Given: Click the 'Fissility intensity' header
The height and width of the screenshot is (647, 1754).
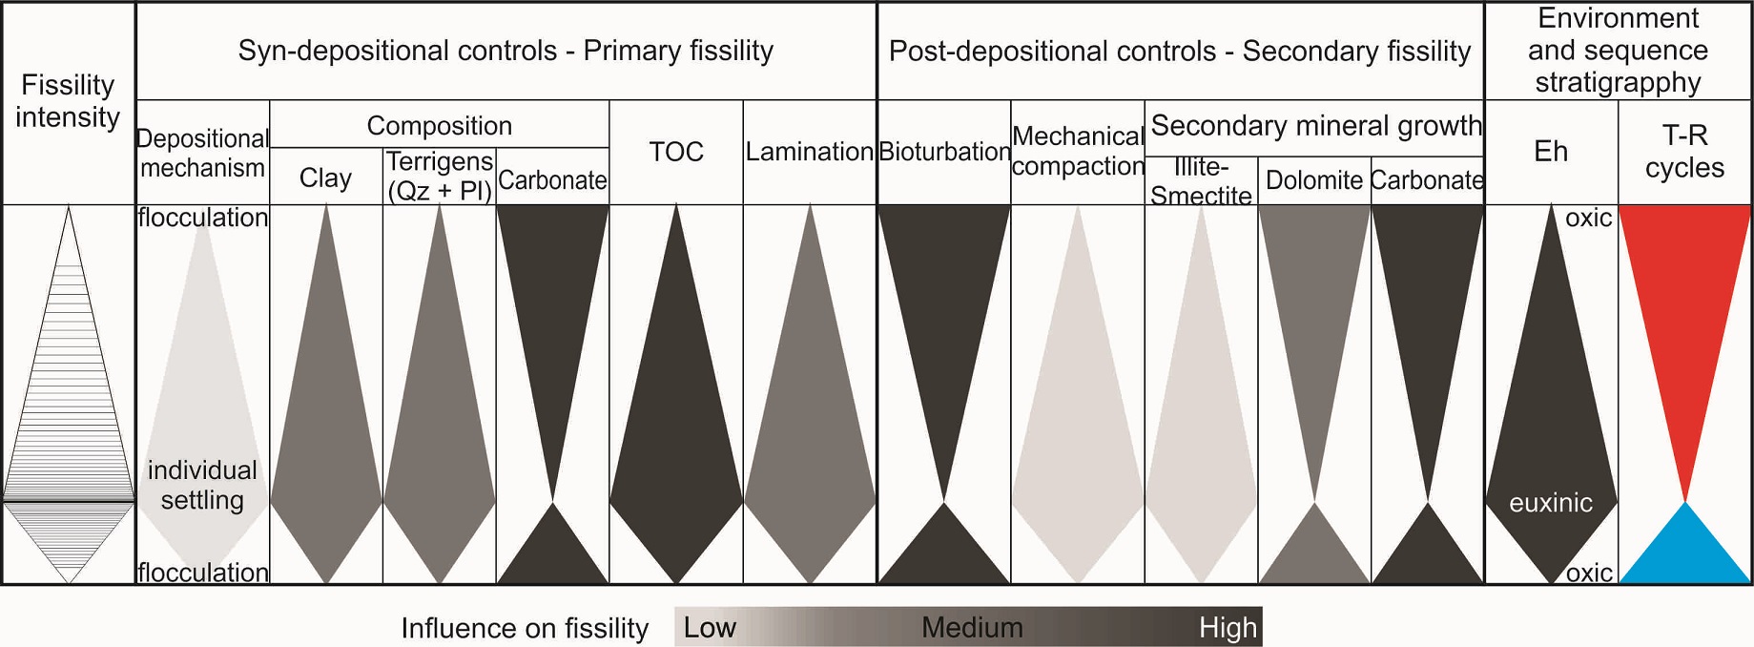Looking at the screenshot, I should [x=68, y=101].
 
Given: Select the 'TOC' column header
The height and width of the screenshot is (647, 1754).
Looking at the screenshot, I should [x=676, y=152].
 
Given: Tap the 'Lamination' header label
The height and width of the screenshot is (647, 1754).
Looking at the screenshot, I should [x=809, y=152].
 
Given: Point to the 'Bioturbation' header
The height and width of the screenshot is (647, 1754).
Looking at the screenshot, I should [x=944, y=152].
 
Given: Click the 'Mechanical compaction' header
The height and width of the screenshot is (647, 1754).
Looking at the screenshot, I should [x=1078, y=151].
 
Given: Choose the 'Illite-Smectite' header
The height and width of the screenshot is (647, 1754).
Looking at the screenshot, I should [x=1201, y=180].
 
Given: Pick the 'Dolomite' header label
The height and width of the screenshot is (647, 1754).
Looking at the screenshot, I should [x=1313, y=179].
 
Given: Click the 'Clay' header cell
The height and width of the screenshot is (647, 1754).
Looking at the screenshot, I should [x=325, y=177].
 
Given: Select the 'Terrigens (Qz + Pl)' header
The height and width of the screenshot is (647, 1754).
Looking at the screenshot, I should [x=440, y=176].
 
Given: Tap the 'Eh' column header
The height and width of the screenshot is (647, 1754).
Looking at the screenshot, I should [x=1551, y=152].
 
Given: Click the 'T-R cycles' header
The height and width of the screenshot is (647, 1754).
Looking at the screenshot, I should [x=1684, y=151].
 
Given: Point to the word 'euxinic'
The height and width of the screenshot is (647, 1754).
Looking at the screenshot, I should [x=1551, y=503].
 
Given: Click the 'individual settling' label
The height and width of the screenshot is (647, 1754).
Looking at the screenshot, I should [x=202, y=485].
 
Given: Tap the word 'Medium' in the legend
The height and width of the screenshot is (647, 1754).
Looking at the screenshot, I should [x=972, y=627].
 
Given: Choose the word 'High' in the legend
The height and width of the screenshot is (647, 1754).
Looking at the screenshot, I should [x=1228, y=627].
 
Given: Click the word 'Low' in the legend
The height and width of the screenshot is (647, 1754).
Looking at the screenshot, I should [x=710, y=627].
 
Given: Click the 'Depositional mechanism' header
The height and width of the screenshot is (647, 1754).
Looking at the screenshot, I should [x=202, y=153].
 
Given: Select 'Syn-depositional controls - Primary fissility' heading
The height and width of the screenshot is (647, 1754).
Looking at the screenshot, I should [x=506, y=51].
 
